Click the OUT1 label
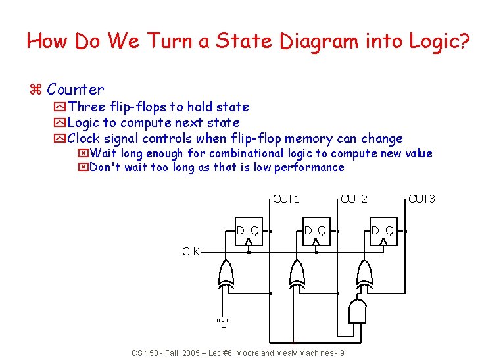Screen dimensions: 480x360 (286, 199)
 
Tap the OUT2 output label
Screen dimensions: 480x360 (354, 199)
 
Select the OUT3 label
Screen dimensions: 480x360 (421, 199)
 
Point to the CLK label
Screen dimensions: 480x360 (191, 251)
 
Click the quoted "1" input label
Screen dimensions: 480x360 (223, 323)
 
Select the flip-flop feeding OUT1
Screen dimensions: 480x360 (248, 231)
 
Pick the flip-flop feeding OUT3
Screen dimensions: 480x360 (383, 231)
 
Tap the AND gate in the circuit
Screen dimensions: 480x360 (359, 311)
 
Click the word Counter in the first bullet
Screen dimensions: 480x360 (76, 90)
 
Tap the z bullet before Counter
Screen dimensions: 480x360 (36, 90)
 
